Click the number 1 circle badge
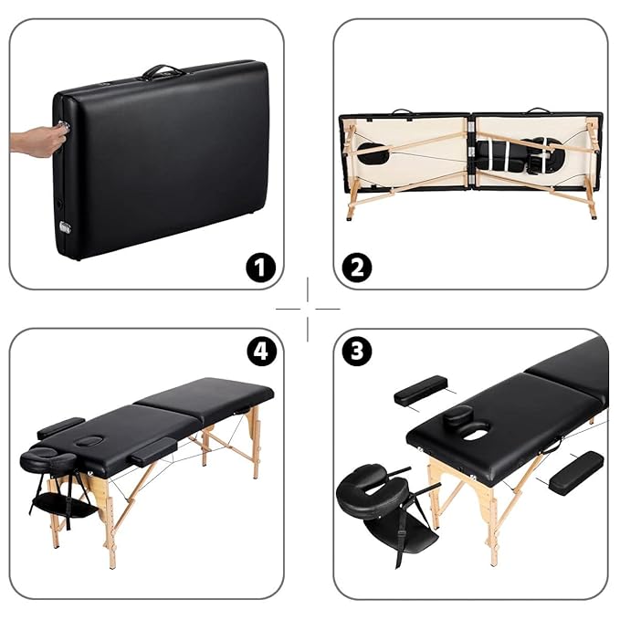pos(260,268)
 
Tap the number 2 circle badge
pos(357,268)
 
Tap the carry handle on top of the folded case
pos(163,71)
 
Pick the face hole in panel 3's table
pos(475,433)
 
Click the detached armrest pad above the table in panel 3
pos(420,390)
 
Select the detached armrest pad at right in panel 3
pos(575,472)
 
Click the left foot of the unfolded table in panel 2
pos(350,218)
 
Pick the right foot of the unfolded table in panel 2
pos(592,216)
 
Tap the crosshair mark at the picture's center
pos(310,309)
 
